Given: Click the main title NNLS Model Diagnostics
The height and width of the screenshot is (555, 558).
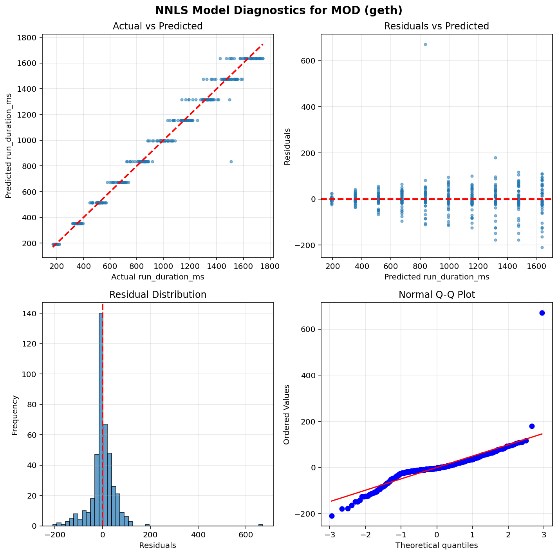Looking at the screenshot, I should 279,10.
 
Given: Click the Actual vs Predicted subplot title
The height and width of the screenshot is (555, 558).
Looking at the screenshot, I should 157,26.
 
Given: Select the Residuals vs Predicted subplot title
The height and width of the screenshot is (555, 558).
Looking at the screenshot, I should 436,26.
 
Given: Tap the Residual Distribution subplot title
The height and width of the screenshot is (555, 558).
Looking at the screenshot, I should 157,295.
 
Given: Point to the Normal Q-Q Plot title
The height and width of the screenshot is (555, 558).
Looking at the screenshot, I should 436,295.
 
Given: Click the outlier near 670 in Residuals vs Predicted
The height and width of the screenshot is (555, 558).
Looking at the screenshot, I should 425,44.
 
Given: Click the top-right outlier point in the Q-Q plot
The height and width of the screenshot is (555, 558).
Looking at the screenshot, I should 542,313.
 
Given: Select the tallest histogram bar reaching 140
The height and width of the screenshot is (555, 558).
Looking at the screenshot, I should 101,419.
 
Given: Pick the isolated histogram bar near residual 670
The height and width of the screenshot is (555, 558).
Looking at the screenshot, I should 261,525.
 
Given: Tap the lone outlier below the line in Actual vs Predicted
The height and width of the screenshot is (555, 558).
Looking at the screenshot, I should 231,161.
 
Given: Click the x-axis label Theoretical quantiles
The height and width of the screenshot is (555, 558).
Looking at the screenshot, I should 436,545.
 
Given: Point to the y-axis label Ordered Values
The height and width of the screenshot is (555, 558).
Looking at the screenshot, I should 287,414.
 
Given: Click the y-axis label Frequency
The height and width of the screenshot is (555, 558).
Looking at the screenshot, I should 15,415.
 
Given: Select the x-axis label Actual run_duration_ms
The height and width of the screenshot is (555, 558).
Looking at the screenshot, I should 157,277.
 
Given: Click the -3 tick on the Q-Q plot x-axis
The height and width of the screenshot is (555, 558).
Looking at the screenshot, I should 330,535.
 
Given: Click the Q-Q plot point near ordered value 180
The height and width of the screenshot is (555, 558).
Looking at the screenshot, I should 532,426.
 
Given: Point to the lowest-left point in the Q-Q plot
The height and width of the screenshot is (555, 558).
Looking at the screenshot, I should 332,516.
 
